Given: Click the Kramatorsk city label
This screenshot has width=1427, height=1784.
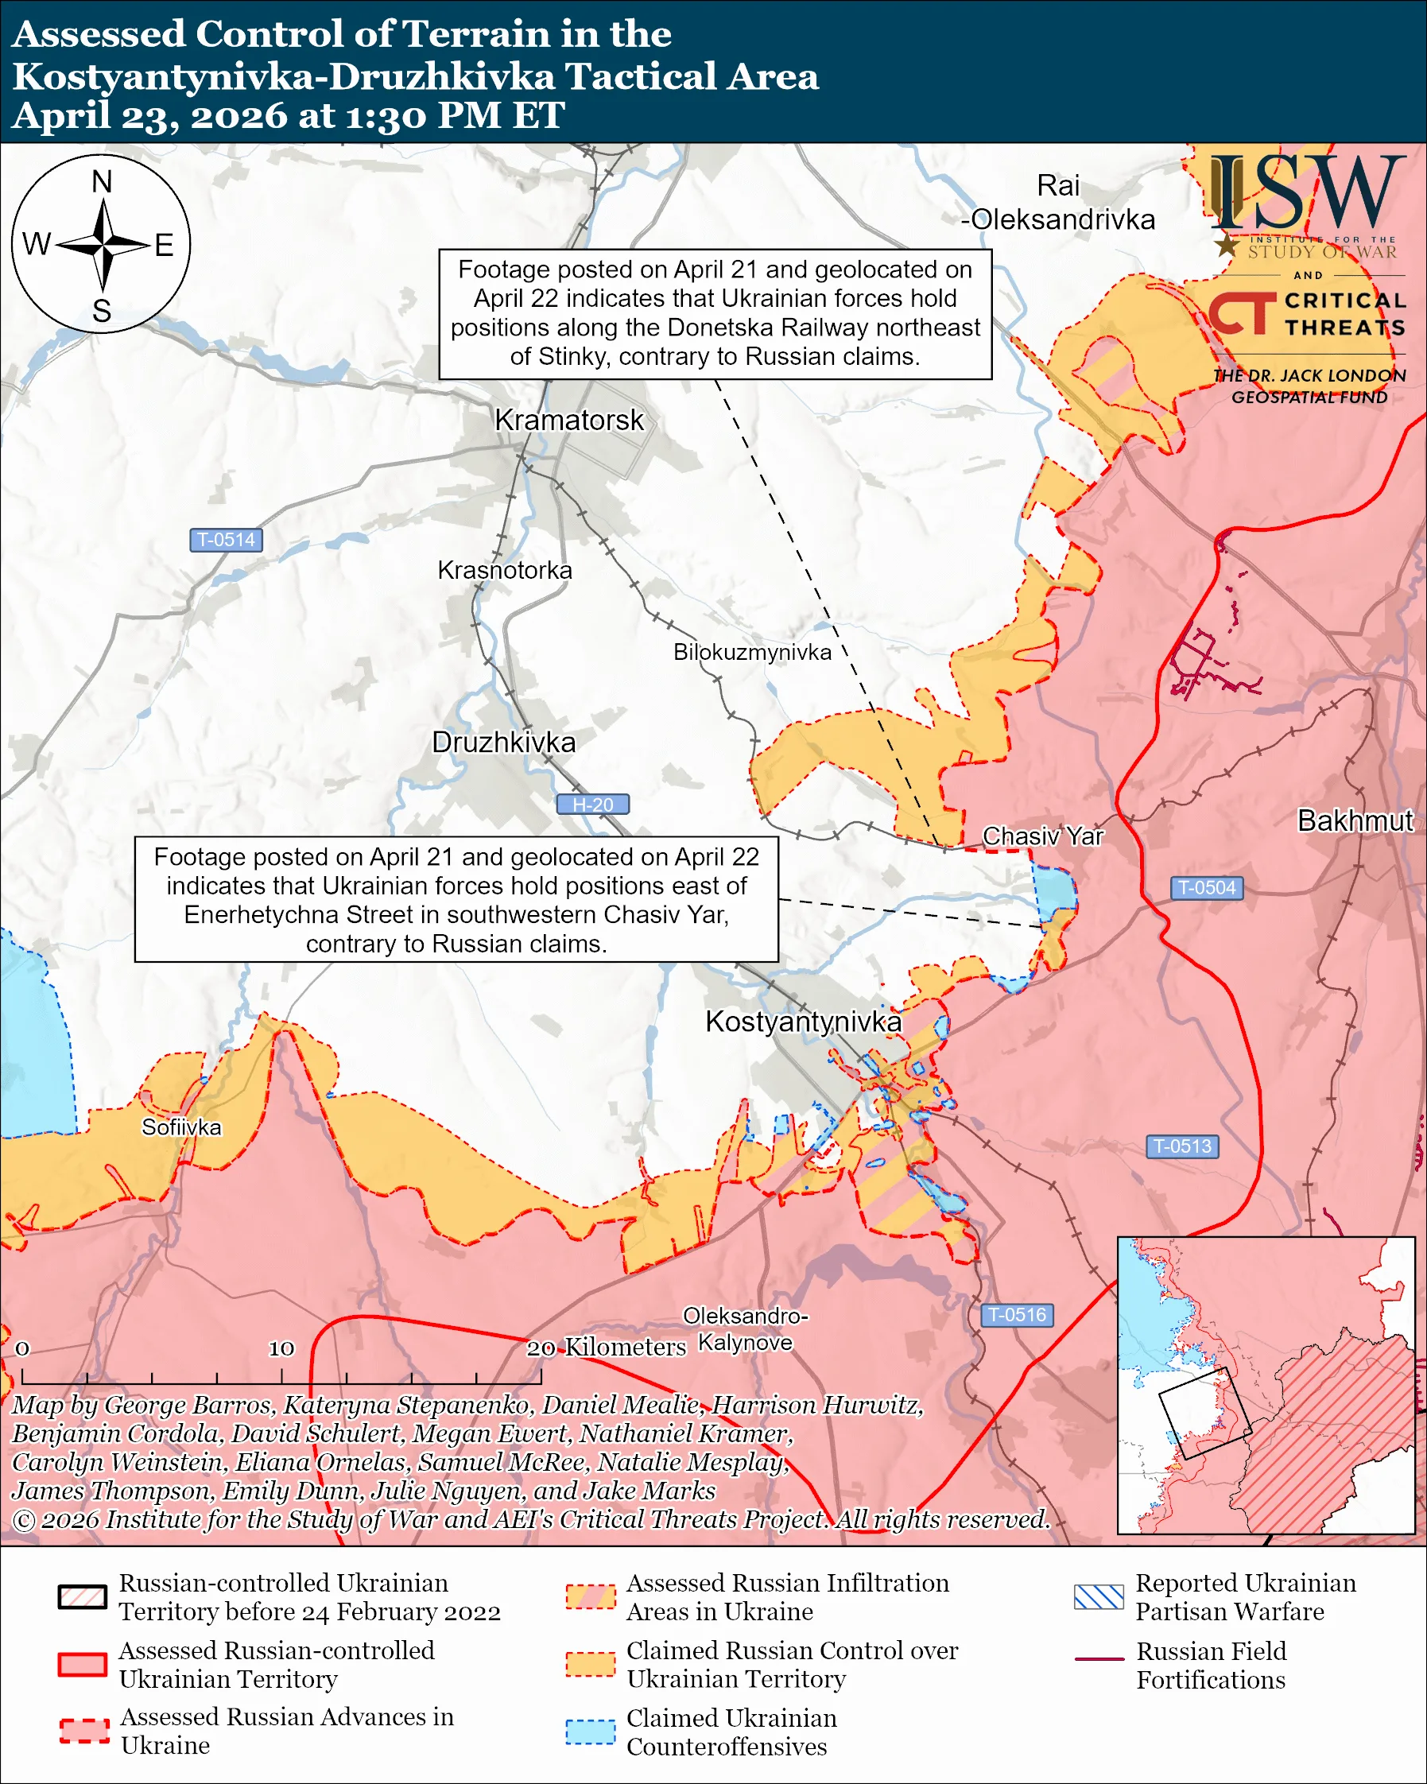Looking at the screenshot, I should (568, 421).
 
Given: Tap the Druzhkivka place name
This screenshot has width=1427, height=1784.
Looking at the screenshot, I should (504, 743).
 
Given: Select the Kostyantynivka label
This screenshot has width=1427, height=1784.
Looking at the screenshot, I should (802, 1022).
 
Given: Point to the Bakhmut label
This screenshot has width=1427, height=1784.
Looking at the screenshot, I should (1355, 820).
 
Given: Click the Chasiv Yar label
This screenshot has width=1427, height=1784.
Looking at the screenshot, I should (1042, 836).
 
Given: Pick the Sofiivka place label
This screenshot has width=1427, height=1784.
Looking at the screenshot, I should (181, 1128).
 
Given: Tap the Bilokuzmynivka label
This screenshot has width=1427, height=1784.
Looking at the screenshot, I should (752, 652).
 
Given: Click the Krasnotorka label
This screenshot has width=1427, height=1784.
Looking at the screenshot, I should (505, 570).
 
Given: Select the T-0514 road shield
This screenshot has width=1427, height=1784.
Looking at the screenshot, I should (226, 541).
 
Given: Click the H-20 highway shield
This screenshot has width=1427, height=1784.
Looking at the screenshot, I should (592, 805).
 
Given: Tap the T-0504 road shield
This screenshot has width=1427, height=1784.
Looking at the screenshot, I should (1206, 888).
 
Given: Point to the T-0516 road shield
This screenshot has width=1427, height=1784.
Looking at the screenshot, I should (1017, 1315).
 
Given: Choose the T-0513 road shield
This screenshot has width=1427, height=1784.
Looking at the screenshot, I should (1182, 1146).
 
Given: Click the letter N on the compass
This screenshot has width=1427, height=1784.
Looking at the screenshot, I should (102, 182).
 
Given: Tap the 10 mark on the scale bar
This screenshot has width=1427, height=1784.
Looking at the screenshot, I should (281, 1349).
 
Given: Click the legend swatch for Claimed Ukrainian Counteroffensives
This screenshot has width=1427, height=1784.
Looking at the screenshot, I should (590, 1732).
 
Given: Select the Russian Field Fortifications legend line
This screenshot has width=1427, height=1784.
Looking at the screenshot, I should (1099, 1660).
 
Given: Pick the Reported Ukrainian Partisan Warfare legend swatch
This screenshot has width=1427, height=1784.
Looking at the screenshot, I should (1099, 1597).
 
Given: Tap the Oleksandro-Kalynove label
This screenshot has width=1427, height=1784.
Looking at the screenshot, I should (745, 1330).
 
